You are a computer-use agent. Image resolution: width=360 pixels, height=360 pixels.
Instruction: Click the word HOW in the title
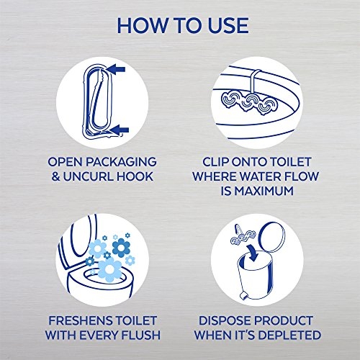[x=143, y=25]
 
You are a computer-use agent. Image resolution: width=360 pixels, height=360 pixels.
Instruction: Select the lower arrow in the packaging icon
[x=119, y=130]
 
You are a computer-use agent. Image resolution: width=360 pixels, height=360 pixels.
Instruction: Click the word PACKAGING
[x=121, y=162]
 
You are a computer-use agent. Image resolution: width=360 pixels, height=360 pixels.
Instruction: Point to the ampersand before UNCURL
[x=55, y=176]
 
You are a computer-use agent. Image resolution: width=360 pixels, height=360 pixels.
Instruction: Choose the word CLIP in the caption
[x=213, y=162]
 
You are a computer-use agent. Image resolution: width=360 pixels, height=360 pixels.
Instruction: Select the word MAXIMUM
[x=264, y=191]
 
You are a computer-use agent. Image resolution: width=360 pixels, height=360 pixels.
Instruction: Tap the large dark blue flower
[x=121, y=248]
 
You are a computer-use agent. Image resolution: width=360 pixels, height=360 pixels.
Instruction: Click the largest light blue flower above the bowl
[x=109, y=270]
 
